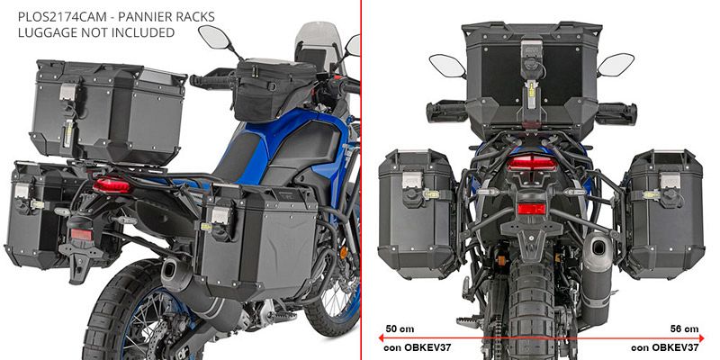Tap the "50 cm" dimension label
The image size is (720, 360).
[x=400, y=328]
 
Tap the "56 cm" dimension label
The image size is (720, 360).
[x=684, y=328]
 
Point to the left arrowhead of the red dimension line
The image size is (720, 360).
[x=381, y=338]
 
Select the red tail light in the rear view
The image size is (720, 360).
[x=531, y=163]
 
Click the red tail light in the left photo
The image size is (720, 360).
[x=112, y=185]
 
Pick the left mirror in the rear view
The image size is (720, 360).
[x=447, y=65]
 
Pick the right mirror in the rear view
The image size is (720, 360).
[x=616, y=65]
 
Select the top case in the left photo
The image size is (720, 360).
[x=108, y=112]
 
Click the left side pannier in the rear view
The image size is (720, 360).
[x=417, y=214]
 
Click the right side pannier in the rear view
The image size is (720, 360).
[x=663, y=214]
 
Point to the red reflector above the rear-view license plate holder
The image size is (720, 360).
[x=531, y=210]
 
